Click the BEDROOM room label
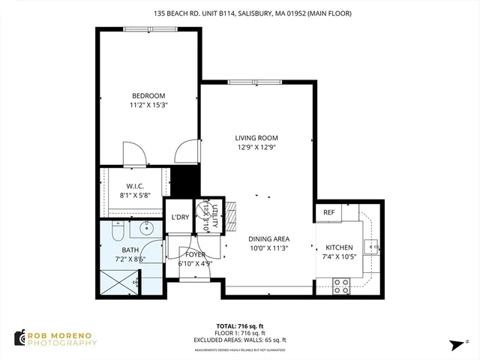pyautogui.click(x=148, y=96)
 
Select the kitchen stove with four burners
pyautogui.click(x=341, y=285)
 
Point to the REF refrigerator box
pyautogui.click(x=328, y=213)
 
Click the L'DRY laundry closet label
pyautogui.click(x=179, y=217)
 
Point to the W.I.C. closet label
pyautogui.click(x=135, y=186)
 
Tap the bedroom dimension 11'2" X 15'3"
pyautogui.click(x=148, y=106)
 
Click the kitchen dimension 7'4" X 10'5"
pyautogui.click(x=339, y=257)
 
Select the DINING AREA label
pyautogui.click(x=268, y=238)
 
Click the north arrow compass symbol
pyautogui.click(x=455, y=343)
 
